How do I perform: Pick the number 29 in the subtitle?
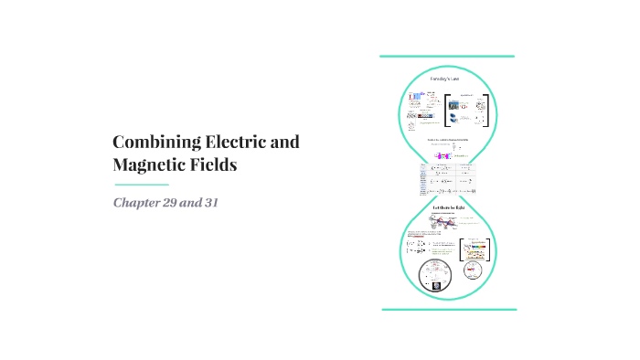click(x=177, y=201)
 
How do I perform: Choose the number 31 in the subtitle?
click(x=216, y=201)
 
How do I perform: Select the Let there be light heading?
click(x=449, y=208)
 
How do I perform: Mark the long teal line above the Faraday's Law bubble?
click(x=447, y=56)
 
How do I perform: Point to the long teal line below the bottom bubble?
click(x=449, y=310)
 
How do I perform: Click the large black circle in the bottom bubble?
click(x=435, y=274)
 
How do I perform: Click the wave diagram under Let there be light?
click(x=447, y=225)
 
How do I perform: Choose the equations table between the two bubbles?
click(x=447, y=179)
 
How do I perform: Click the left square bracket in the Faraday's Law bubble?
click(x=445, y=109)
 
